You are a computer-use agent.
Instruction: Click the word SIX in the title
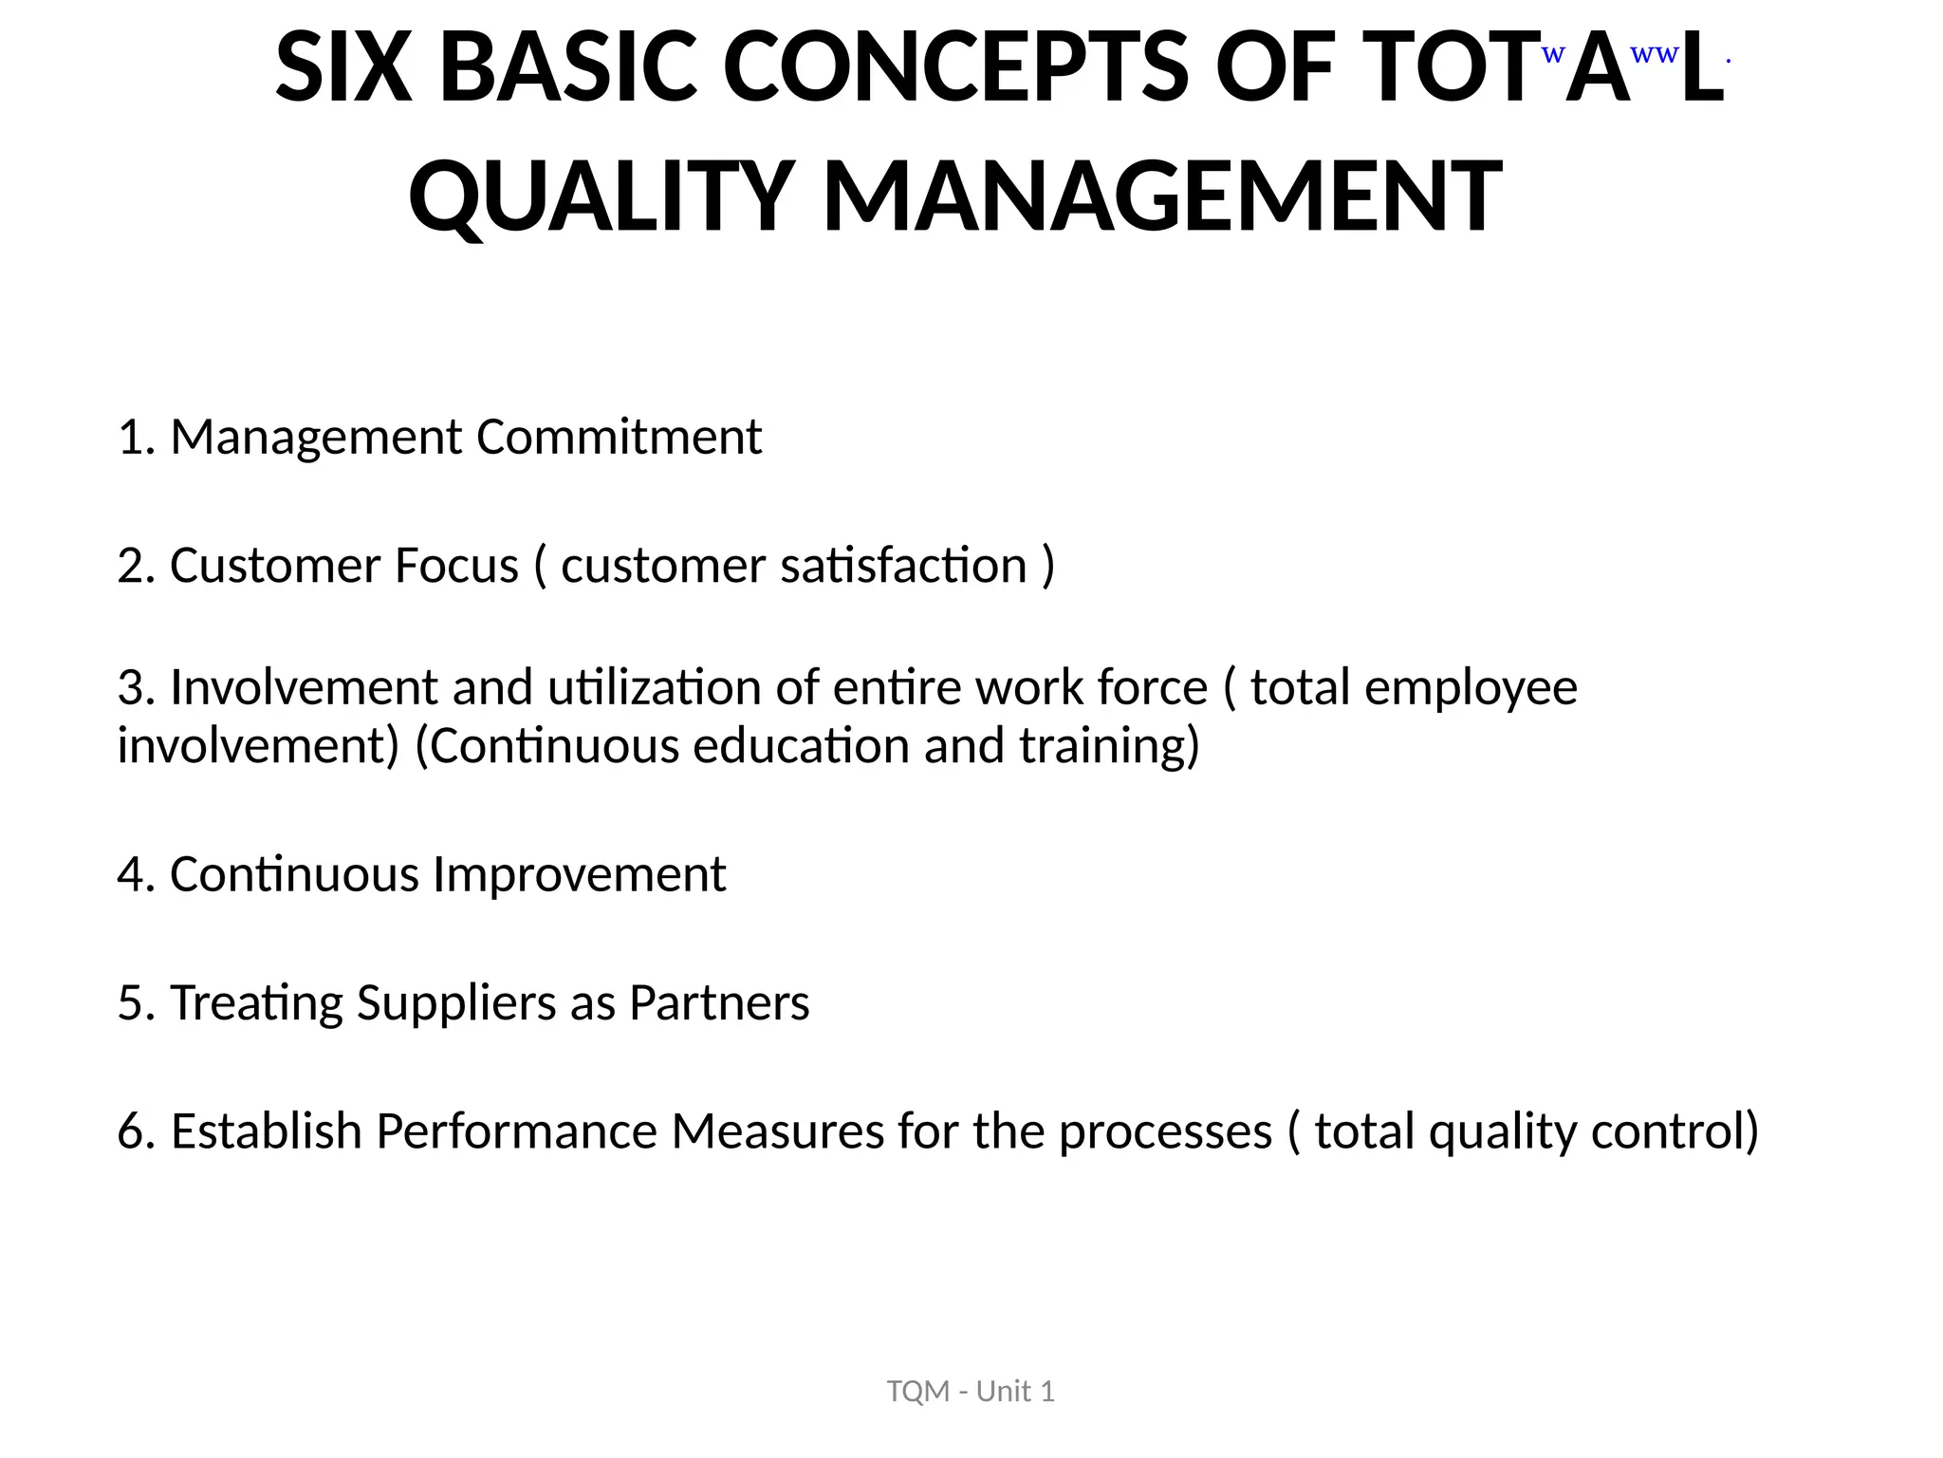343,68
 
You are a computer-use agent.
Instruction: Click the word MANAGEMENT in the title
1162,196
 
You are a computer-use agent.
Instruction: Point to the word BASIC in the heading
568,68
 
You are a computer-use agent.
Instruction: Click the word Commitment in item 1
619,438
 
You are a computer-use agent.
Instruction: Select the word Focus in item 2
456,566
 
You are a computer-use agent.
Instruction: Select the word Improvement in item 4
579,875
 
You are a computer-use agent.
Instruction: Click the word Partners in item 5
719,1003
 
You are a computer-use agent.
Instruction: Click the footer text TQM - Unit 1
971,1392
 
